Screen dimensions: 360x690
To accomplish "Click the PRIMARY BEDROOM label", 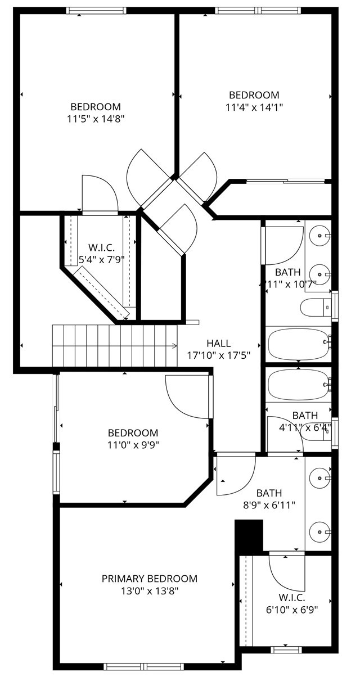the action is click(150, 579).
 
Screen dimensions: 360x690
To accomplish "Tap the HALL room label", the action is click(218, 343).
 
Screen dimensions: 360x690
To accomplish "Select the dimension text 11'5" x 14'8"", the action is click(96, 119).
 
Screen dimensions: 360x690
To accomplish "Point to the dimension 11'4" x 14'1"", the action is click(254, 107).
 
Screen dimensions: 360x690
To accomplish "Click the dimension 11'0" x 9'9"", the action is click(133, 445).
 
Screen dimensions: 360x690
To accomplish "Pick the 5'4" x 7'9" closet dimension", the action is click(101, 260).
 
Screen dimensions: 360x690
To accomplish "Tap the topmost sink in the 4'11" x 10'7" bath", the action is click(319, 235).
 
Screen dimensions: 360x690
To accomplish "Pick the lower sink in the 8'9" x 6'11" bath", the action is click(319, 532).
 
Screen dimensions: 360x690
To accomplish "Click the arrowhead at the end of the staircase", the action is click(175, 346).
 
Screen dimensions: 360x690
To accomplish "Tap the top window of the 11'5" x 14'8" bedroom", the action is click(96, 11).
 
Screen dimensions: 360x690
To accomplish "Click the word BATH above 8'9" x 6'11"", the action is click(269, 493).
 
